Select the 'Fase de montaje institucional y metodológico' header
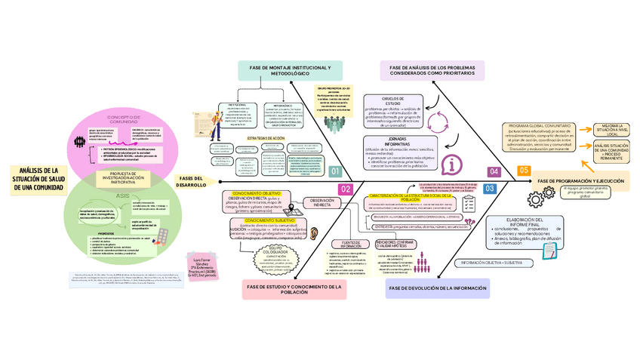point(289,72)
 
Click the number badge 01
point(335,172)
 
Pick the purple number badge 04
point(494,172)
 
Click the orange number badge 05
point(523,171)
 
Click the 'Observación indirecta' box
point(322,202)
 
